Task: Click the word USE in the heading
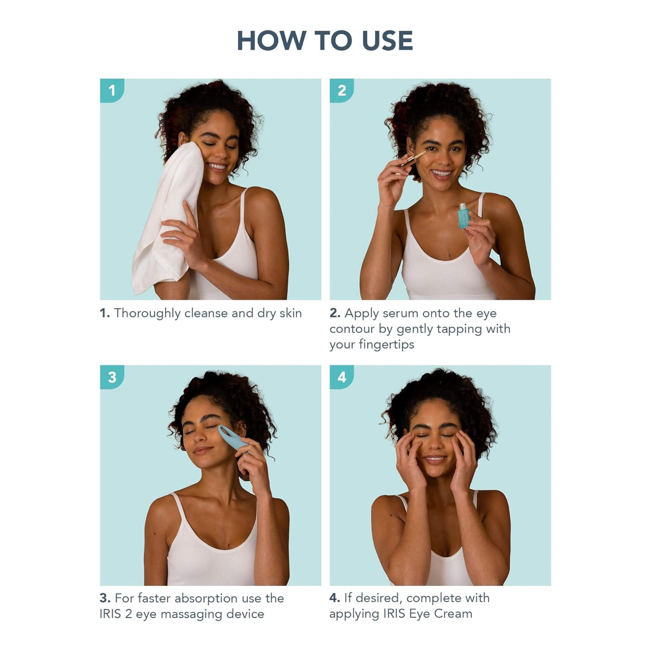[387, 41]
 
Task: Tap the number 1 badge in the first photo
[112, 91]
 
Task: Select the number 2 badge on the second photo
[342, 91]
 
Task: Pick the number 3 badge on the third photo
[112, 377]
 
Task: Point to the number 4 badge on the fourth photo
[342, 377]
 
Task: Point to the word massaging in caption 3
[191, 615]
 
